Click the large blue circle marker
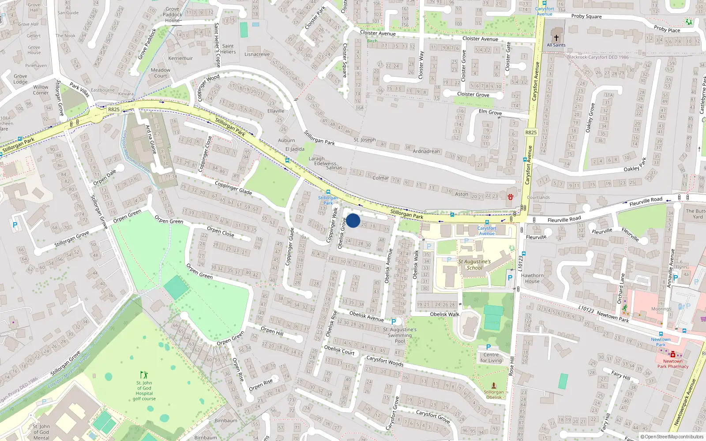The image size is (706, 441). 353,220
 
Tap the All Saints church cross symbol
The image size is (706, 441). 556,38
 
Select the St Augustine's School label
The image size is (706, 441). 474,265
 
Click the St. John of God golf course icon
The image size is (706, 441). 144,375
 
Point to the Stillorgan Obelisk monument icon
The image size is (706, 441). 494,385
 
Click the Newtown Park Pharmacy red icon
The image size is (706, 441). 672,355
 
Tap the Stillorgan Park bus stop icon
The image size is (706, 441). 328,192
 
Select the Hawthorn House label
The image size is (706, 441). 532,278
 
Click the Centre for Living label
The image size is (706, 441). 491,358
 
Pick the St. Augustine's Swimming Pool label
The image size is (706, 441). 400,335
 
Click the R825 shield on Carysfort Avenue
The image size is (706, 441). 531,132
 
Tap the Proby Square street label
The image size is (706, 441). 586,16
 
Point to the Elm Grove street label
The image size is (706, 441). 490,112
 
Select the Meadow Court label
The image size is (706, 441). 161,73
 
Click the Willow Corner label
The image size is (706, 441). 41,90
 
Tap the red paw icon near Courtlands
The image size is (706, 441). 511,197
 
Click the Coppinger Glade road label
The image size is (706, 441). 233,188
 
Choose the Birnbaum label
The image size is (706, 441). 226,421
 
